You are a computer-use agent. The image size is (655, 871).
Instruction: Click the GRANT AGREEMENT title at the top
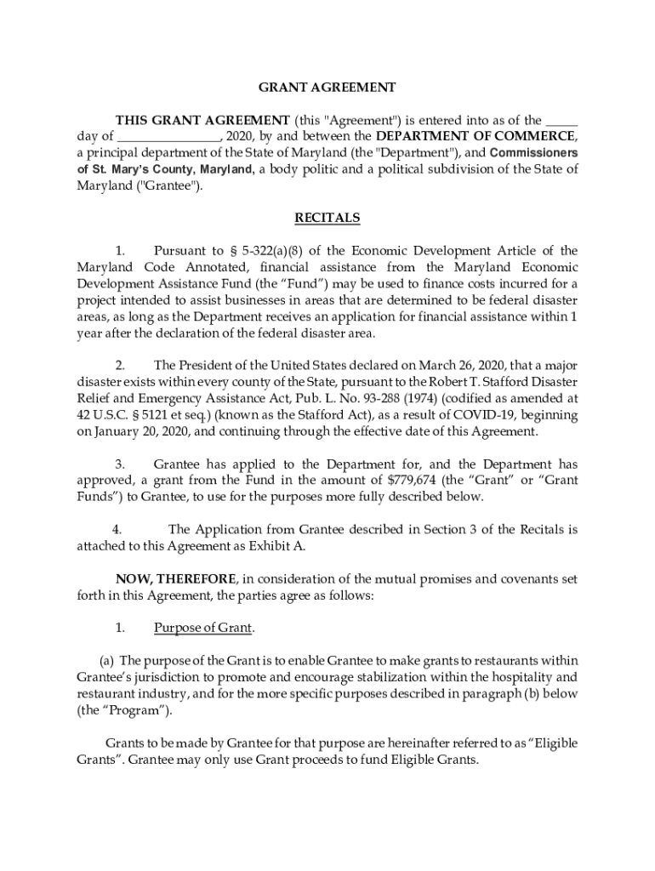tap(327, 87)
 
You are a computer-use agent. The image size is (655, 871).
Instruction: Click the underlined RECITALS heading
tap(327, 219)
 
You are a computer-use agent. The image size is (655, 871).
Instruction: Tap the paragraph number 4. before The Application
tap(117, 529)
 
